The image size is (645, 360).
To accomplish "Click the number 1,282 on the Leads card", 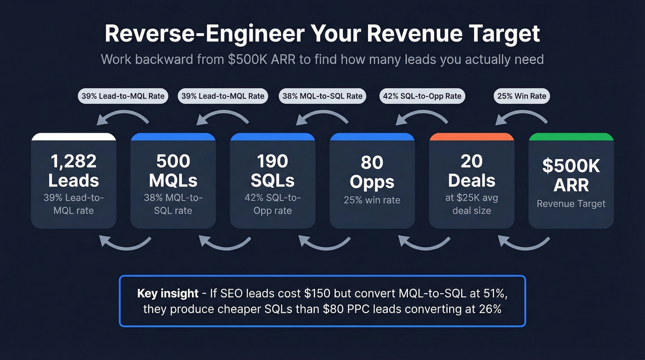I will pos(74,161).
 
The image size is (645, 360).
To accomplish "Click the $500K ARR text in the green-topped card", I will pos(571,175).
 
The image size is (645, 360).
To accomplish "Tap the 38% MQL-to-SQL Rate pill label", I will pos(322,96).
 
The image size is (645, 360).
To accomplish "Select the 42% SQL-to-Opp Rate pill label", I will pos(422,96).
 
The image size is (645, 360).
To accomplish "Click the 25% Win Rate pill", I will pos(522,96).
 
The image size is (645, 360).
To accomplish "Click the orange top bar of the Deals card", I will pos(471,136).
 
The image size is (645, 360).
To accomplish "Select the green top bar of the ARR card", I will pos(571,136).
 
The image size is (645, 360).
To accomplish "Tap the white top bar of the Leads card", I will pos(74,136).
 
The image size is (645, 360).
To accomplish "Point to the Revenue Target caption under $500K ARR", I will pos(571,204).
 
